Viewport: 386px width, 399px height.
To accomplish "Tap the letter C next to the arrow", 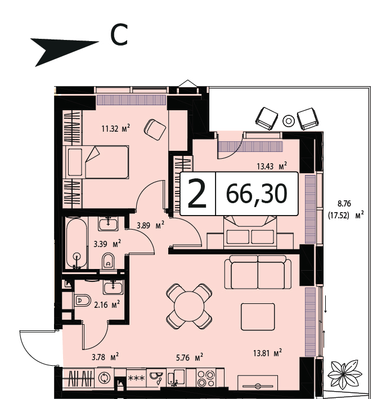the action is coord(119,35).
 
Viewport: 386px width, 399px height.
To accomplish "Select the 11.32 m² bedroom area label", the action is coord(116,128).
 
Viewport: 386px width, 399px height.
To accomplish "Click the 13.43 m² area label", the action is coord(272,166).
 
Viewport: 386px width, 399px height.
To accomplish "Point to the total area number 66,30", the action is coord(257,194).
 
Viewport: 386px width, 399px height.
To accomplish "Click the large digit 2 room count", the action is coord(197,194).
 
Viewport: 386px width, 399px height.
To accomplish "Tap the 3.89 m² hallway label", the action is coord(150,225).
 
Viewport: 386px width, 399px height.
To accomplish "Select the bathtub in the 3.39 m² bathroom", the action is coord(77,243).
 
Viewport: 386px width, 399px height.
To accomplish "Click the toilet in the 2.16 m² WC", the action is coord(83,301).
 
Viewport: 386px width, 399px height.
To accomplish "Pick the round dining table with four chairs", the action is coord(189,306).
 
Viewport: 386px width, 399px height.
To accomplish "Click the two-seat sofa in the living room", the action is coord(258,272).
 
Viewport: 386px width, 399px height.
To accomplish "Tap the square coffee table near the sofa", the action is coord(258,317).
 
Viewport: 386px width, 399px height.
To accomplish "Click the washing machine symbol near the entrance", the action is coord(105,378).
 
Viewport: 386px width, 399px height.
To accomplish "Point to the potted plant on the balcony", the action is coord(344,374).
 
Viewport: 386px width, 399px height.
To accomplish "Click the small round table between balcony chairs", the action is coord(289,120).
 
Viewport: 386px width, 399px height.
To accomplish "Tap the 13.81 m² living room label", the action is coord(267,353).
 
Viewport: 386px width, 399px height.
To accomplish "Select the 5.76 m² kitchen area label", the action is coord(190,357).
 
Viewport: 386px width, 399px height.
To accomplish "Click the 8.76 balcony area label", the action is coord(344,204).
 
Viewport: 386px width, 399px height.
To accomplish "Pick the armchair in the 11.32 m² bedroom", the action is coord(155,130).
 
